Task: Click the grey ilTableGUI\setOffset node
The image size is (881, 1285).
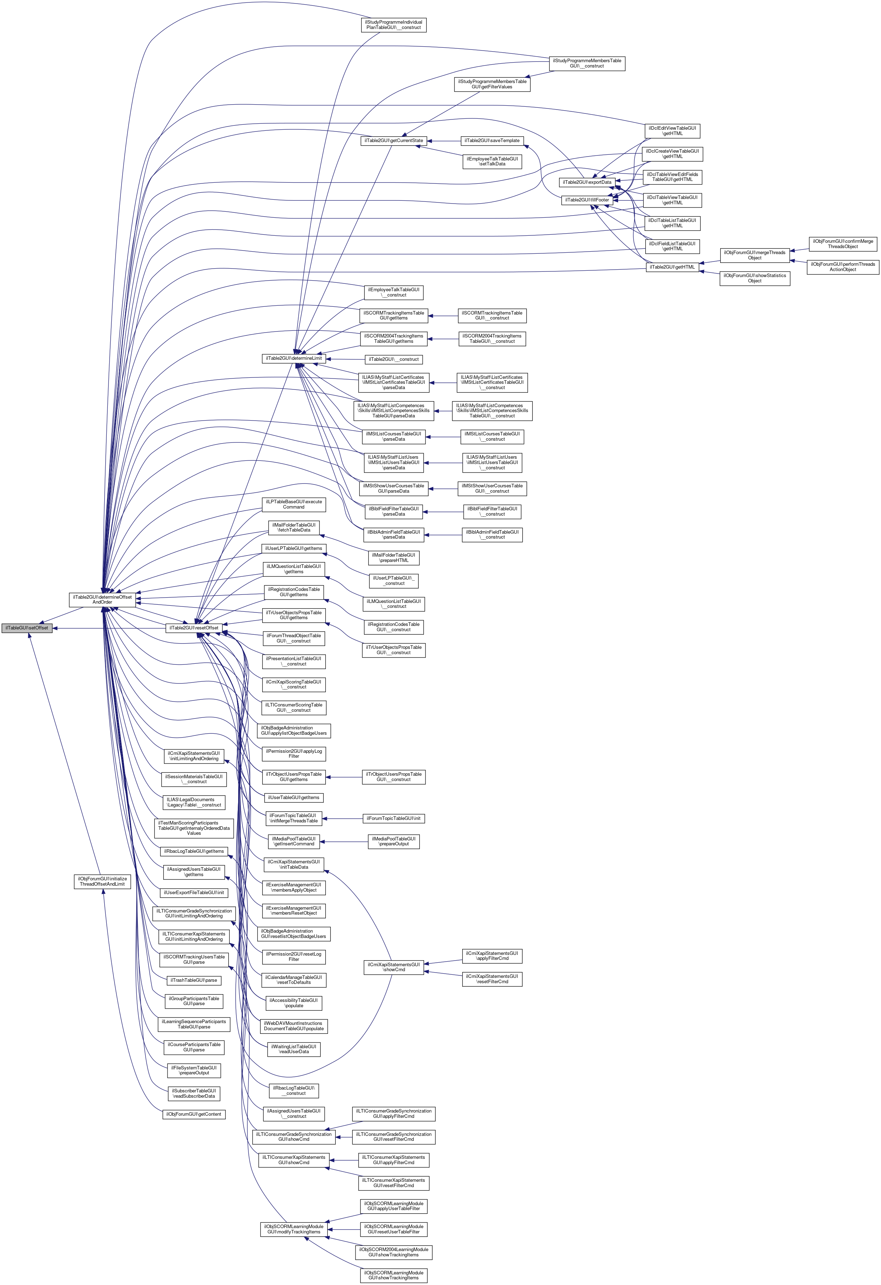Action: pyautogui.click(x=27, y=628)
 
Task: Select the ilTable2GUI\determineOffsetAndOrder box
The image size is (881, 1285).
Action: pyautogui.click(x=102, y=599)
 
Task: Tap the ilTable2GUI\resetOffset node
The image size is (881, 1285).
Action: pyautogui.click(x=194, y=628)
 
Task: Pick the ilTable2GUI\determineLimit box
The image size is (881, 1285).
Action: pyautogui.click(x=293, y=358)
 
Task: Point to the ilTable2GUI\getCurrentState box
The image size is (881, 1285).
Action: pyautogui.click(x=393, y=140)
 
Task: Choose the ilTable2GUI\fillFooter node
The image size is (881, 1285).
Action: pyautogui.click(x=587, y=200)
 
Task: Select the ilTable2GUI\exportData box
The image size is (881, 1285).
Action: pyautogui.click(x=587, y=182)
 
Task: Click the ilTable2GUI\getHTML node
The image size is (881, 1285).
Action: pyautogui.click(x=672, y=267)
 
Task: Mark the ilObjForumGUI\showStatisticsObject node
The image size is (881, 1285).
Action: pyautogui.click(x=754, y=278)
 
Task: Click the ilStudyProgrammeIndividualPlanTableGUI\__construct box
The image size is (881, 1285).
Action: pyautogui.click(x=393, y=25)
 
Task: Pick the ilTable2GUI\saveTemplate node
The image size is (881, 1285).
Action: pyautogui.click(x=492, y=140)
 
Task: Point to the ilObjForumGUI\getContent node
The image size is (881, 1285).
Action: pyautogui.click(x=194, y=1114)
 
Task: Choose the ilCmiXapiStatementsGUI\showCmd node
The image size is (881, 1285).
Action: pyautogui.click(x=393, y=967)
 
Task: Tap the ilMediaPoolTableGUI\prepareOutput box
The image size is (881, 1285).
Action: pyautogui.click(x=393, y=841)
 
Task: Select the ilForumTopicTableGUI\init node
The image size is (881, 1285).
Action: pyautogui.click(x=393, y=818)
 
